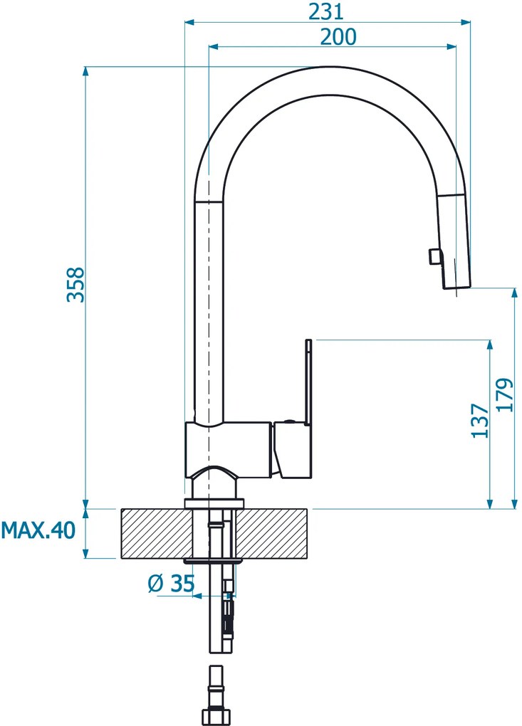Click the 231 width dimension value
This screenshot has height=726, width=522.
tap(326, 11)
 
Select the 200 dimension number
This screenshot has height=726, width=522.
tap(338, 36)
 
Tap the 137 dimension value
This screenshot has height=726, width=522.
tap(480, 421)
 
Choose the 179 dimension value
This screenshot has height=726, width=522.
tap(506, 395)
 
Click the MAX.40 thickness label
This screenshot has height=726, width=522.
tap(38, 530)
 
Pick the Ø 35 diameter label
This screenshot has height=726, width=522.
tap(172, 584)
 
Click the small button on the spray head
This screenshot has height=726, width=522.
tap(434, 256)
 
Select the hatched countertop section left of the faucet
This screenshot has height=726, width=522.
tap(157, 533)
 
